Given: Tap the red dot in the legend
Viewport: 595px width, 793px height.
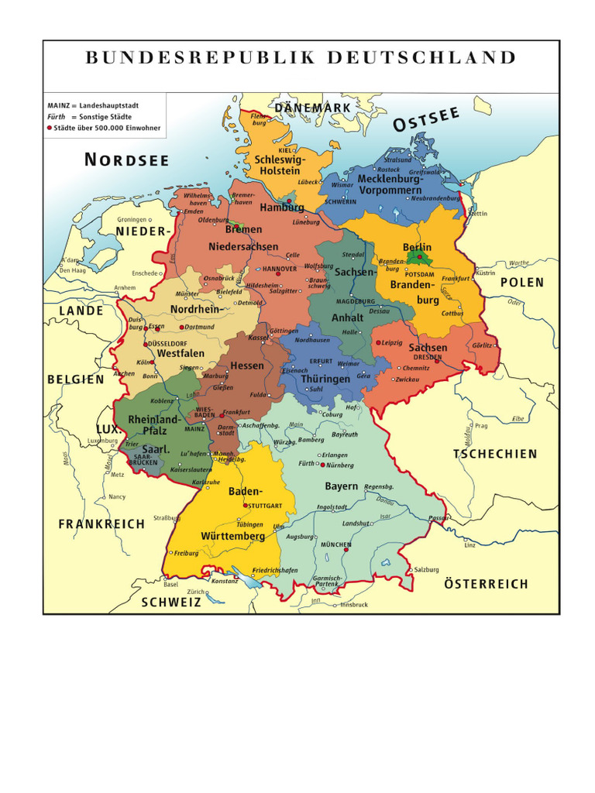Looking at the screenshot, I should pos(50,127).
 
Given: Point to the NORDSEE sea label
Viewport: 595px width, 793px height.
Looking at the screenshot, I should pos(126,160).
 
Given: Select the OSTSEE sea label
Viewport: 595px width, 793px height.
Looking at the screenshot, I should pos(426,120).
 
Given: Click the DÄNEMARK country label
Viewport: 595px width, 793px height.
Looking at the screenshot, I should pos(312,107).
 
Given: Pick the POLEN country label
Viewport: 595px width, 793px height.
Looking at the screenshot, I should pos(521,283).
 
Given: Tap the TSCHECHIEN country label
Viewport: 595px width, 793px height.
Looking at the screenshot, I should pos(495,454).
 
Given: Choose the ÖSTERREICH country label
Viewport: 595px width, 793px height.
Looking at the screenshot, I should pos(486,584).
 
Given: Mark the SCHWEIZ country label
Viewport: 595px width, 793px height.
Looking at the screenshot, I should pos(170,602).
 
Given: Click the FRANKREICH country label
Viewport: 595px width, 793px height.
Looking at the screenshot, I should pos(101,524).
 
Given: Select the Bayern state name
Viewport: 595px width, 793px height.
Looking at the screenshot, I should pos(341,486).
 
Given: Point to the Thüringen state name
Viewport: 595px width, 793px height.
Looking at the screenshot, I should pos(325,379).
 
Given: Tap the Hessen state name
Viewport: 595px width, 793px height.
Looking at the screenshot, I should pos(247,366).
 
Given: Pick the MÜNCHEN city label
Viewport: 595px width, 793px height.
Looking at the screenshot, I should pos(336,544).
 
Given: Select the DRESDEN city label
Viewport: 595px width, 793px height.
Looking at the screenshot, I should pos(427,357).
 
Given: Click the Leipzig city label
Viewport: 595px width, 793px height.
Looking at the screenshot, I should pos(391,342).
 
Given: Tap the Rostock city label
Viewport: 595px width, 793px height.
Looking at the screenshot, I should pos(389,170).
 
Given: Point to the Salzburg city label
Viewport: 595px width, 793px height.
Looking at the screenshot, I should pos(427,569).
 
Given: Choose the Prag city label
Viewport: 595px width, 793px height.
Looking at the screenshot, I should pos(481,425).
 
